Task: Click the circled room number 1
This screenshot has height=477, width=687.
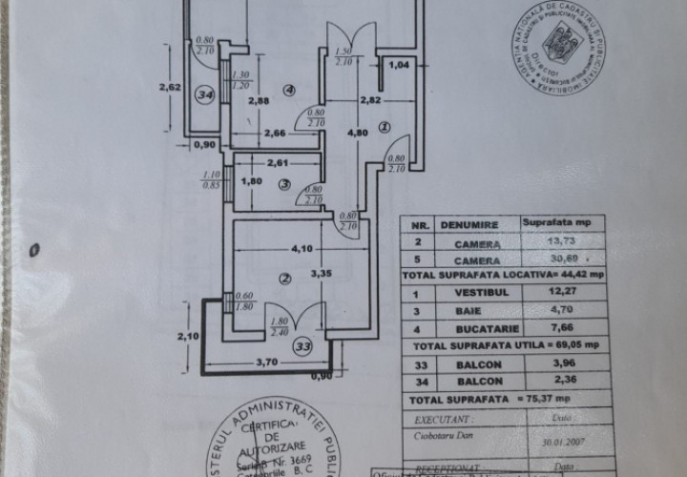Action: tap(385, 126)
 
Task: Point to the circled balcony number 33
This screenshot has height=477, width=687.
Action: tap(302, 345)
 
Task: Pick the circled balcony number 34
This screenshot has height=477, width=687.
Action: tap(203, 94)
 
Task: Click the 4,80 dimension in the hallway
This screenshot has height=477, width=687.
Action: tap(357, 134)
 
